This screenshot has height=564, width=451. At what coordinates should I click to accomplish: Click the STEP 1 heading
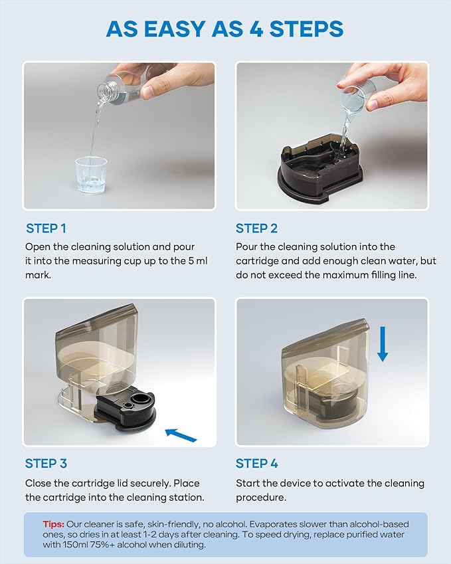(x=46, y=229)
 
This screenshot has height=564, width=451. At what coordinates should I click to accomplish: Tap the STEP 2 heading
(x=256, y=229)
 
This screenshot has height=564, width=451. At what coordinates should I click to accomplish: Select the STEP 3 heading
(x=46, y=463)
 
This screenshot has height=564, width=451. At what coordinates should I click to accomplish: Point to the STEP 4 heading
(x=257, y=463)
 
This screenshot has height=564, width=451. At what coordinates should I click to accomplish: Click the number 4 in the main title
(x=256, y=29)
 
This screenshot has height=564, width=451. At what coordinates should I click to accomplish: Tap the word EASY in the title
(x=175, y=29)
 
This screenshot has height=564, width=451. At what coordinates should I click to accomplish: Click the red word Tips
(x=54, y=524)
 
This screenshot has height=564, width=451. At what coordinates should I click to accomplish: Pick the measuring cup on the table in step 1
(x=91, y=175)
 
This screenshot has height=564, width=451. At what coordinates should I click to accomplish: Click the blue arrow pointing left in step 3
(x=181, y=434)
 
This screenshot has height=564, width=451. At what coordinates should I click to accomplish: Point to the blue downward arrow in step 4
(x=383, y=344)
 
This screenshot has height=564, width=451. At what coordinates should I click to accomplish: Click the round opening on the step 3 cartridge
(x=140, y=399)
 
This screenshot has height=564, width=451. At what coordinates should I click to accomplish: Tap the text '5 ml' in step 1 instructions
(x=198, y=261)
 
